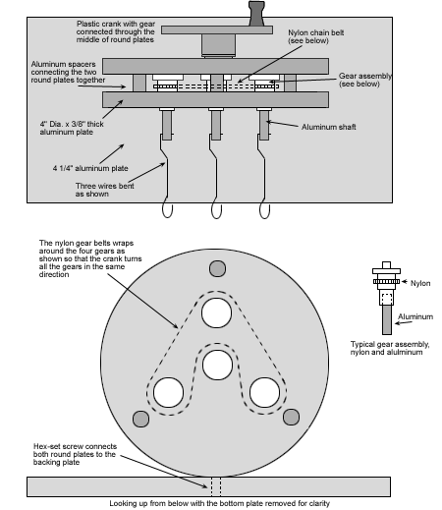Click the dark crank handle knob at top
[256, 14]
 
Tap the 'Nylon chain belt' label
[315, 36]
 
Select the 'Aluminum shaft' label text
[328, 127]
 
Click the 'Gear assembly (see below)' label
[365, 80]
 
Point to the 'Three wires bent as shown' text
[105, 190]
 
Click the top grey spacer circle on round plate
[217, 268]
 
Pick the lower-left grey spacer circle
[141, 419]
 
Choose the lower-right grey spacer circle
[291, 417]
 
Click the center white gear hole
[217, 365]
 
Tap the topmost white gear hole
[217, 312]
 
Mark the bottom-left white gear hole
[168, 392]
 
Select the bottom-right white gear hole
[264, 392]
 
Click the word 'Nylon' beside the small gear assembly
[420, 283]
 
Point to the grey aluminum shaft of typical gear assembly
[387, 319]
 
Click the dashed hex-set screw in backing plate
[216, 486]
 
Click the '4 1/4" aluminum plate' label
[90, 168]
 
